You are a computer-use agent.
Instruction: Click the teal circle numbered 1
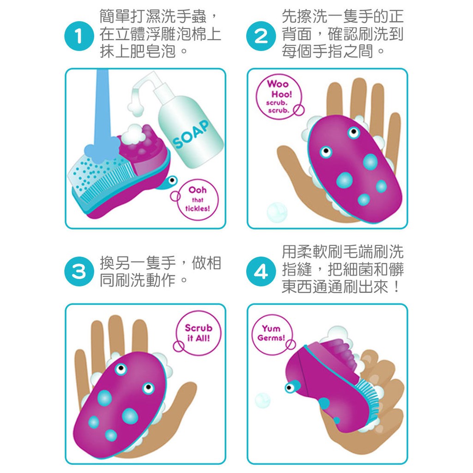coord(79,36)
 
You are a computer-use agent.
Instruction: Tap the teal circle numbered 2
coord(261,36)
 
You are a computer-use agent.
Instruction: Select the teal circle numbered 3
coord(79,271)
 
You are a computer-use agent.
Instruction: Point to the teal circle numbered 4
coord(261,271)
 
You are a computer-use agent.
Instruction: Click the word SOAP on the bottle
coord(191,134)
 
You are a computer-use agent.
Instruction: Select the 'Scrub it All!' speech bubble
coord(198,333)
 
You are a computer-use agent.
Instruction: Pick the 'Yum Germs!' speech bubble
coord(273,334)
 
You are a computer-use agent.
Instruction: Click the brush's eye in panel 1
coord(172,181)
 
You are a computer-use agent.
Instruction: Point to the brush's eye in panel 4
coord(290,388)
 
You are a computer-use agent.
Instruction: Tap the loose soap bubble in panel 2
coord(277,212)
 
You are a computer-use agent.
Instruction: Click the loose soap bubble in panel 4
coord(262,400)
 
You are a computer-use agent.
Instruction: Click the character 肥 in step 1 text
coord(138,51)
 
